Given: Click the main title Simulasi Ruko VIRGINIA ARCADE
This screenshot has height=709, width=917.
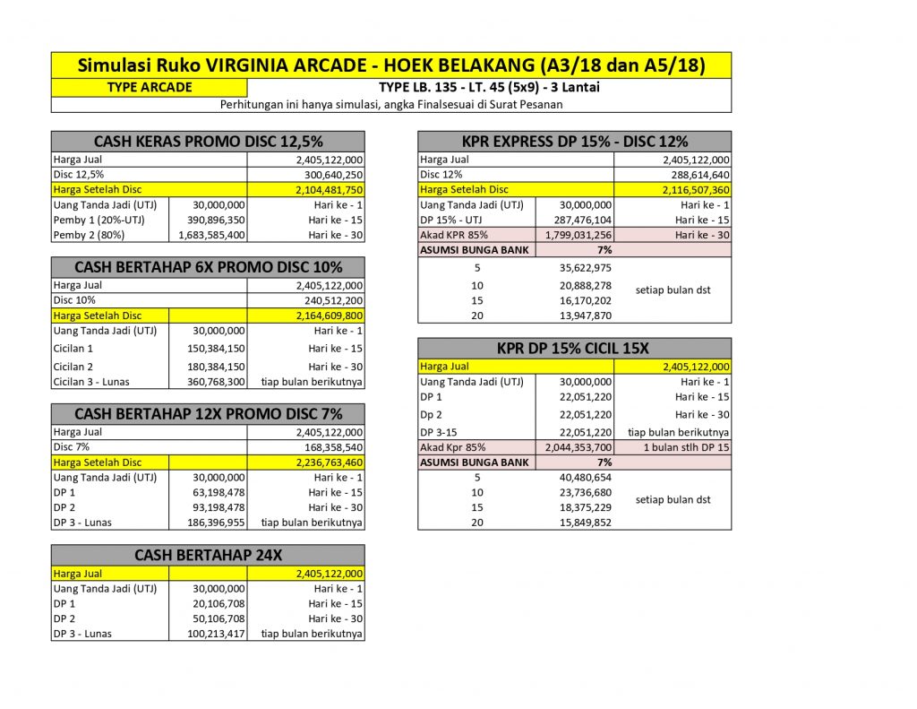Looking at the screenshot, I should pos(391,65).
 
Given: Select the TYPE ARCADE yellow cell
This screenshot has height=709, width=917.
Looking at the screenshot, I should pos(149,88).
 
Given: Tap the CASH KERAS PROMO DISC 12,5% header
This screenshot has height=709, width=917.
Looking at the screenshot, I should pos(208,142).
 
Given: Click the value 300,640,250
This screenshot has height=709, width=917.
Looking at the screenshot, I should pos(333,175).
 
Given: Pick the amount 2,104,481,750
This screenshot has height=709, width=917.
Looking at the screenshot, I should pos(329,190).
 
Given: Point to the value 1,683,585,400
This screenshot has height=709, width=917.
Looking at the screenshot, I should pos(208,235).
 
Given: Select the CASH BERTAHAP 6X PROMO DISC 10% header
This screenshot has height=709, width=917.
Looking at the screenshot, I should pos(208,267).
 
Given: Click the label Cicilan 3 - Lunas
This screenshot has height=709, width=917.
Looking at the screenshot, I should pos(91,382).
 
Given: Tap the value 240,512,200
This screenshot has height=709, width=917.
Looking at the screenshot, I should pos(333,300).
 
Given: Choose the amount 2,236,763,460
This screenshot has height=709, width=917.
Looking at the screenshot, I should pos(329,463).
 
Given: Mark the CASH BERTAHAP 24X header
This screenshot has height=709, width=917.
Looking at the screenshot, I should pos(208,556).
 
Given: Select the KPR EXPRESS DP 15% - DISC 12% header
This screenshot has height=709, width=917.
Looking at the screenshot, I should pos(574,142).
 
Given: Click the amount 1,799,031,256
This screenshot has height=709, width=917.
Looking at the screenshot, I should pos(575,235).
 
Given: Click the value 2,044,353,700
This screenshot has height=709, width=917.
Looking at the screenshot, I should pos(575,447).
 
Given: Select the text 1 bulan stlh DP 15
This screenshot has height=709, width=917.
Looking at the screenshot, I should pos(686,447).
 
